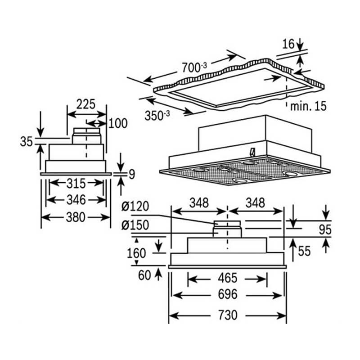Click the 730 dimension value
(228, 315)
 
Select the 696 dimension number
(228, 295)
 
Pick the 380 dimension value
(75, 217)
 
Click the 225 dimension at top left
(85, 104)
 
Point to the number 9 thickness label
(131, 174)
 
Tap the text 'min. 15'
(308, 106)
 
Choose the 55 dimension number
(305, 251)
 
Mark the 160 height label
(137, 253)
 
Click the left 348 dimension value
(199, 203)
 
